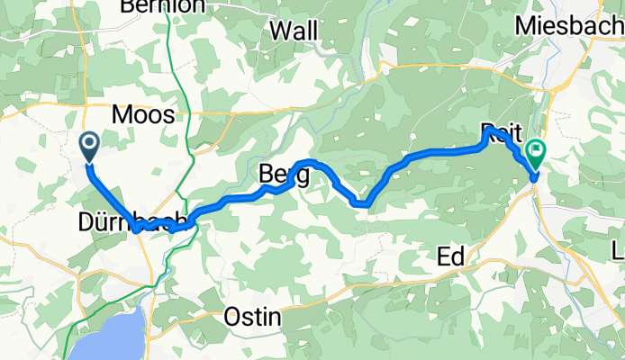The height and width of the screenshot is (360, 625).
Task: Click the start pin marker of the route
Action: [x=90, y=146]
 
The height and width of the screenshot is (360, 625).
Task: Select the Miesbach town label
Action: [x=568, y=26]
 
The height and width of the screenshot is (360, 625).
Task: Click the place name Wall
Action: [x=294, y=31]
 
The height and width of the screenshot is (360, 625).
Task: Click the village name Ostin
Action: [x=253, y=318]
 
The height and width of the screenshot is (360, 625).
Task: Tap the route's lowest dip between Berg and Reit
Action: [x=360, y=203]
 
